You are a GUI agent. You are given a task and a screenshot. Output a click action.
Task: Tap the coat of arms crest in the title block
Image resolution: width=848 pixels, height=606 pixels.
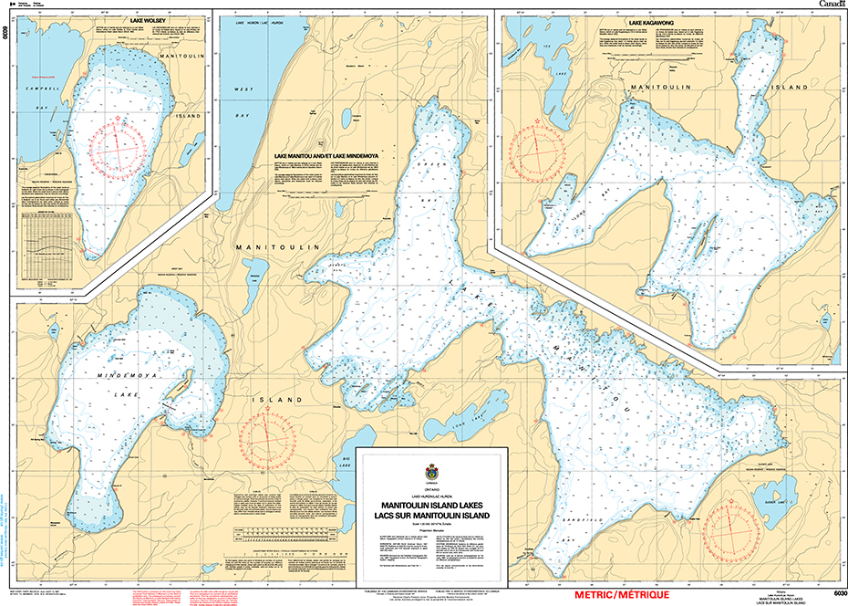(431, 472)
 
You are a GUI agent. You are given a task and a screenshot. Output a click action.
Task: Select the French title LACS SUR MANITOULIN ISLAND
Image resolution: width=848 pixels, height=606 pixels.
(431, 515)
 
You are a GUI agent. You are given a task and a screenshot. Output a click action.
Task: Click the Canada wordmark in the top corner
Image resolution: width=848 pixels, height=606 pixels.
(830, 5)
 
